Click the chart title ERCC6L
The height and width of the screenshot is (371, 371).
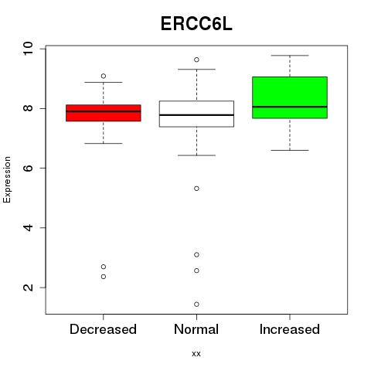click(196, 24)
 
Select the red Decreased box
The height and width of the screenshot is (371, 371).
click(104, 113)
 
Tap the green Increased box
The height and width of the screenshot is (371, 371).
click(290, 97)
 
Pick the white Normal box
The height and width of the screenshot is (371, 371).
click(196, 114)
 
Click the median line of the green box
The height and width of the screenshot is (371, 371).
click(290, 107)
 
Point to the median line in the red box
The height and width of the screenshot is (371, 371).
click(104, 111)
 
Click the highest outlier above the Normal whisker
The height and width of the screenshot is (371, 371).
click(196, 60)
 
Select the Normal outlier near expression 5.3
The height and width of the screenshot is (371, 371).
click(196, 189)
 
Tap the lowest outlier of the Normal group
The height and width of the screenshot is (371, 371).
click(196, 305)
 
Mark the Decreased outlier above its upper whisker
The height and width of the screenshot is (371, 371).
click(104, 76)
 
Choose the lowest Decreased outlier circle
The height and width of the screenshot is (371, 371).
click(104, 277)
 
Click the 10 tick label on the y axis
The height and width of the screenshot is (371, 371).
click(28, 49)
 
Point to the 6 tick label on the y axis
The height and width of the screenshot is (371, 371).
click(28, 168)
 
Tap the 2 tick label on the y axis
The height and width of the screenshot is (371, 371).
click(28, 288)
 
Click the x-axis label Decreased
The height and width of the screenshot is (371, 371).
click(103, 329)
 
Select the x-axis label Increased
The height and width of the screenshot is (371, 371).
click(290, 329)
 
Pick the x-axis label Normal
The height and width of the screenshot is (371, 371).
click(196, 329)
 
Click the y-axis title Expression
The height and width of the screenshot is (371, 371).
click(7, 179)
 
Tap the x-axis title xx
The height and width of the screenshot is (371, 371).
click(196, 354)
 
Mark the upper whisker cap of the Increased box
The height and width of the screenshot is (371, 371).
click(290, 56)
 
